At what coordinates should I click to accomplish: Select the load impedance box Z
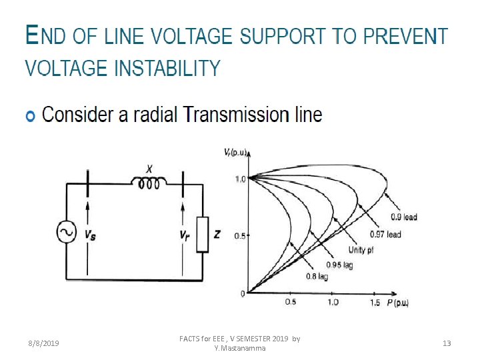point(203,235)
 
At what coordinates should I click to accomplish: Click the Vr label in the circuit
point(184,235)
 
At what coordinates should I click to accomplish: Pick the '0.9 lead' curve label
point(403,217)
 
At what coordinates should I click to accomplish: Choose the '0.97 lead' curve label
point(385,234)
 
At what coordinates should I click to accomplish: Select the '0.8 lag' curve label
point(317,277)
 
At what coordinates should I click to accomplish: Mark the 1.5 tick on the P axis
point(374,303)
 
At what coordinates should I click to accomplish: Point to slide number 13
point(447,343)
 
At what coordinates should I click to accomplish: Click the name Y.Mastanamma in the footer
point(239,348)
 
